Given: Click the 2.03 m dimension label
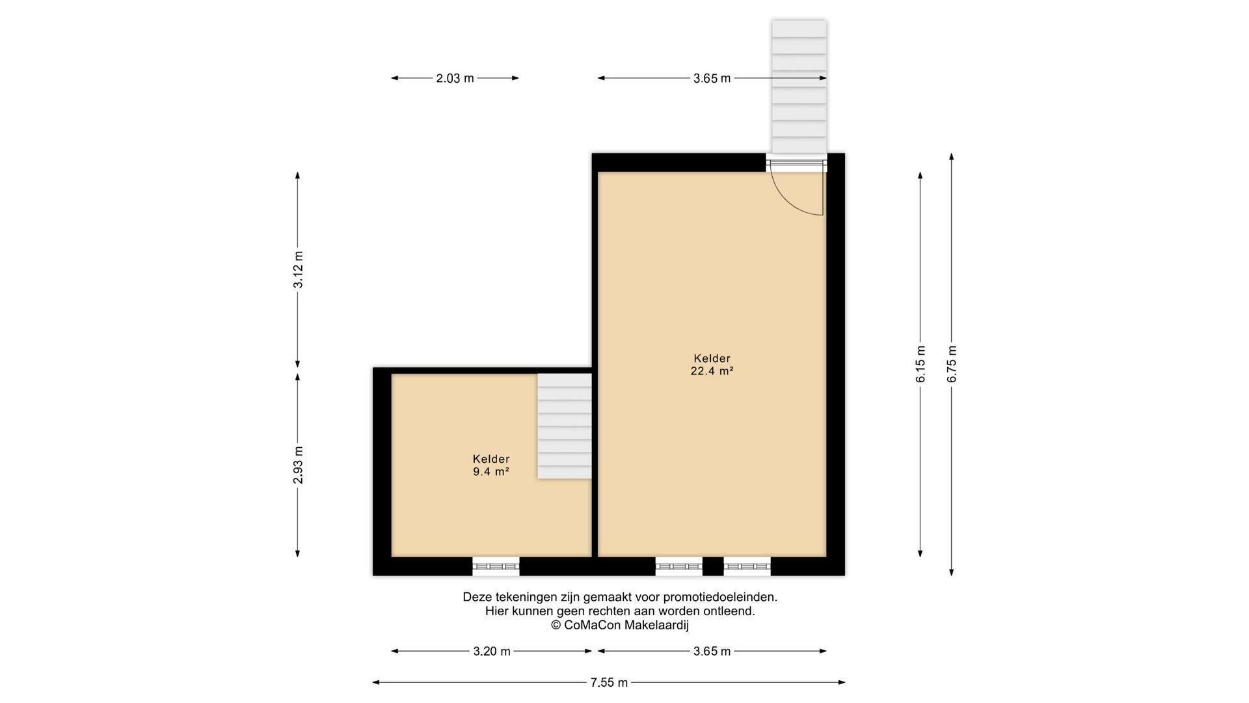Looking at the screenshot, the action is pyautogui.click(x=455, y=78).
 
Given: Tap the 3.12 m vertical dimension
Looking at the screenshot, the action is pyautogui.click(x=298, y=270).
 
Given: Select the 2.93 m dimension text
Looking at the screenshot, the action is pyautogui.click(x=298, y=465).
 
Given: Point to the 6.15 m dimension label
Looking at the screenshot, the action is pyautogui.click(x=920, y=365).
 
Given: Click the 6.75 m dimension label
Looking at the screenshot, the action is pyautogui.click(x=952, y=365).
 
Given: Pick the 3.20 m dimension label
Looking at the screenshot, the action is pyautogui.click(x=492, y=651).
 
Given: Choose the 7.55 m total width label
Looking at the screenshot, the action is pyautogui.click(x=610, y=683).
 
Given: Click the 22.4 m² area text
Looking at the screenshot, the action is pyautogui.click(x=712, y=372).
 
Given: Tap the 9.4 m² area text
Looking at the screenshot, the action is pyautogui.click(x=491, y=472).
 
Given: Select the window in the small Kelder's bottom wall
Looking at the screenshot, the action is pyautogui.click(x=496, y=566).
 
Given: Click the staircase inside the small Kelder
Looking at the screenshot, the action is pyautogui.click(x=564, y=426).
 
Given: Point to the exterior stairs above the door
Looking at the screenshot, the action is pyautogui.click(x=799, y=87).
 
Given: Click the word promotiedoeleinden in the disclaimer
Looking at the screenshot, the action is pyautogui.click(x=720, y=597).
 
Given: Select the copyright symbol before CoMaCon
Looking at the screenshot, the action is pyautogui.click(x=556, y=626).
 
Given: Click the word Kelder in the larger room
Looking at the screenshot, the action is pyautogui.click(x=712, y=359).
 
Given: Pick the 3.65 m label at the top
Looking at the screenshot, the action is pyautogui.click(x=712, y=78).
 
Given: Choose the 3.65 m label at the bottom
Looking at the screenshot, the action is pyautogui.click(x=712, y=651).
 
